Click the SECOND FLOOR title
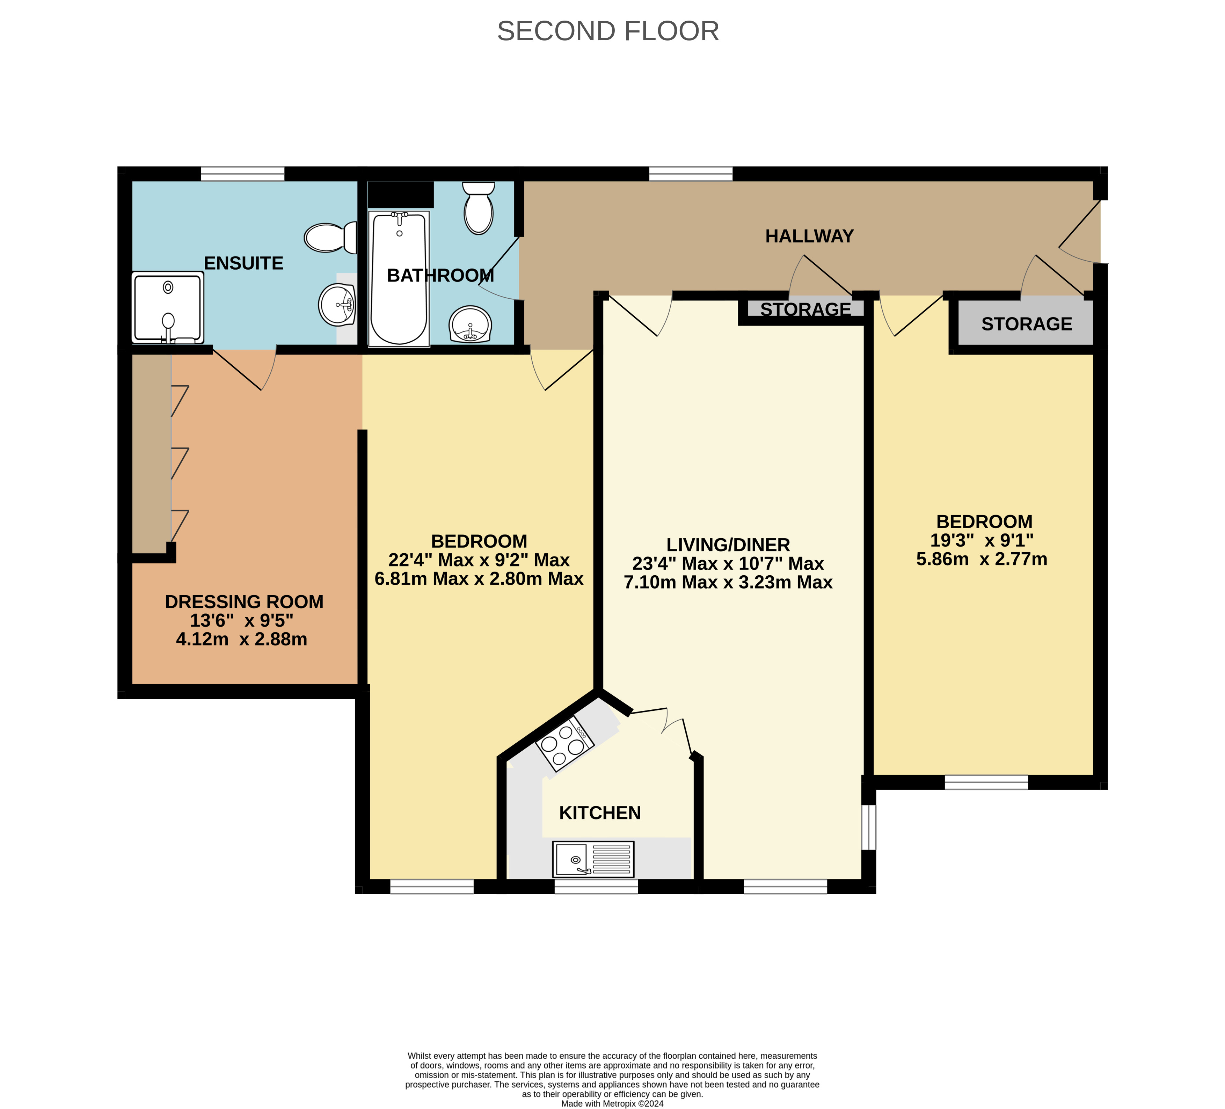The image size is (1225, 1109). click(608, 31)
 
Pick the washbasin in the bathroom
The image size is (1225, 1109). click(470, 324)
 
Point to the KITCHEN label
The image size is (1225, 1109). click(600, 813)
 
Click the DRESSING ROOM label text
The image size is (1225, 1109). click(244, 601)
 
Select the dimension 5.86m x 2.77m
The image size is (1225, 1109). click(982, 559)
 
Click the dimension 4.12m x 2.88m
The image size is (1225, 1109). click(241, 639)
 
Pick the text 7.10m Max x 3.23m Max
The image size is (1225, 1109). click(728, 582)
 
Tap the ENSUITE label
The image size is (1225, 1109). click(244, 263)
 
